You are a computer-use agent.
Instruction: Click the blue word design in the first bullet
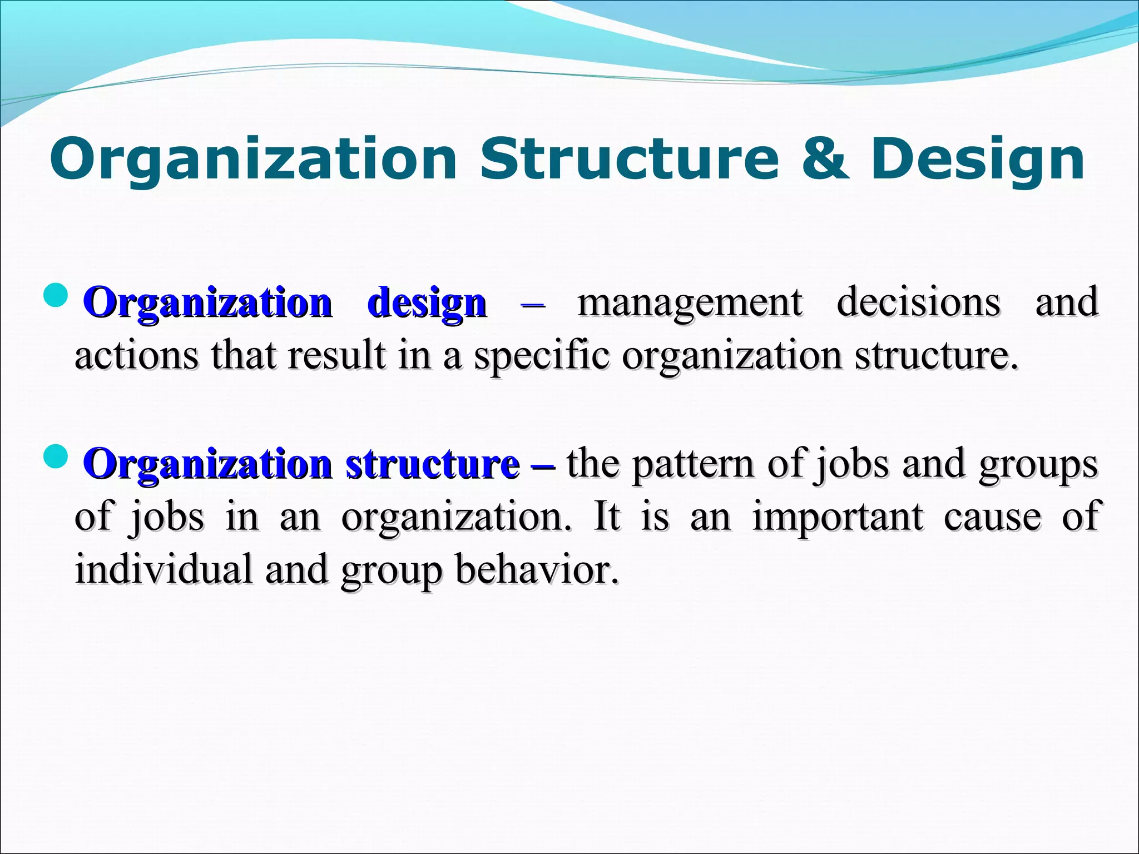[x=427, y=303]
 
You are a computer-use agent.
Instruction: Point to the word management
[x=690, y=303]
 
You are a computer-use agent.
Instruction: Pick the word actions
[x=136, y=355]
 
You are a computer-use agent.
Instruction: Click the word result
[x=336, y=355]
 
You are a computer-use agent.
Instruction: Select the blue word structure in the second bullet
[x=432, y=464]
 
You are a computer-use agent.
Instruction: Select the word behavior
[x=537, y=569]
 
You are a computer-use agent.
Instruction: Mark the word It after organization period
[x=606, y=517]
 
